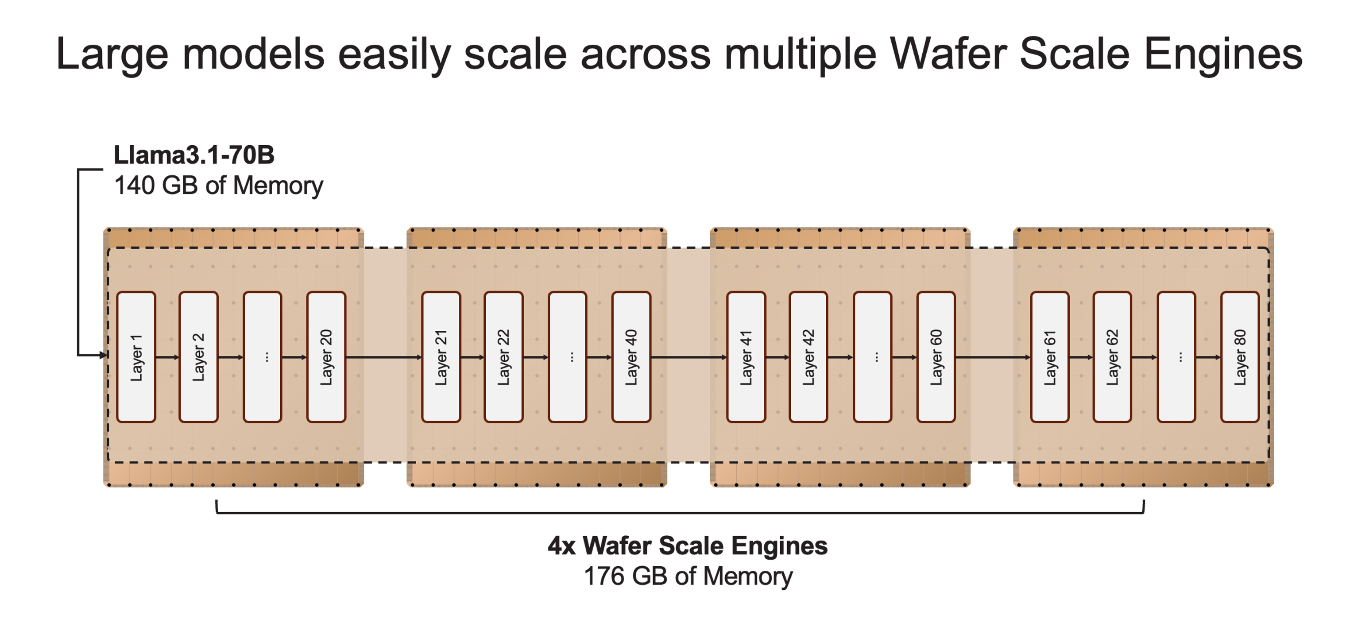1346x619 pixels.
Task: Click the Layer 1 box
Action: point(136,357)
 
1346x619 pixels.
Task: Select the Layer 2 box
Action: point(198,357)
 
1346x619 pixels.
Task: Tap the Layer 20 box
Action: point(326,357)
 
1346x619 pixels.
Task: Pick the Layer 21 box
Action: point(441,357)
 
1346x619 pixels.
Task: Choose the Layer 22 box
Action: point(503,357)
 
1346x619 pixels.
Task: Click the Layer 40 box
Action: point(631,357)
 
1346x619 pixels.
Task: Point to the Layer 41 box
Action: point(746,357)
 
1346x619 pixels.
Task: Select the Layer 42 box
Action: point(808,357)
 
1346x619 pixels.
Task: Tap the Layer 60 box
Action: point(936,357)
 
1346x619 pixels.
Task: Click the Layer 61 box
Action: point(1050,357)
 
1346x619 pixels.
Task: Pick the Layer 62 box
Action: point(1112,357)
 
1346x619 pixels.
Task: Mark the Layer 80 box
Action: point(1240,357)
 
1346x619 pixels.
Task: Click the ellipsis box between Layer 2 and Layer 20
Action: point(262,357)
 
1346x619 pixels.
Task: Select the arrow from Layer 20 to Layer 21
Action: point(383,357)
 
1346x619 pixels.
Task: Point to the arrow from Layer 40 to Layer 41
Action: point(688,357)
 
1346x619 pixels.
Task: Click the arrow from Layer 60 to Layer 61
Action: point(993,357)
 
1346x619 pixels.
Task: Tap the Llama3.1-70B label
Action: point(194,155)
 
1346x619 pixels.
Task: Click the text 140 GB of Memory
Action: point(218,186)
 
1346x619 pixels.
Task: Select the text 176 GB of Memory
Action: point(688,576)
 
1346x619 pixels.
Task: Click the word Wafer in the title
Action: point(948,54)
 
